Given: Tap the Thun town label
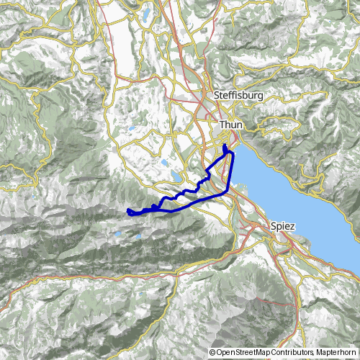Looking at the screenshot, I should tap(231, 125).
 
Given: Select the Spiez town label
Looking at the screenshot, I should tap(282, 225).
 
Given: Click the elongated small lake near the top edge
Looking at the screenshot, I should tap(147, 14).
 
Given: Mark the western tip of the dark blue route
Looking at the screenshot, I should tap(127, 211).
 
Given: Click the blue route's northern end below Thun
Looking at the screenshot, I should tap(225, 146).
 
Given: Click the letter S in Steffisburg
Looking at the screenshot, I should tap(217, 95).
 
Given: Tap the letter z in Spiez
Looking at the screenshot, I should tap(292, 225).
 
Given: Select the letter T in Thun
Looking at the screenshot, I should tap(222, 125).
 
